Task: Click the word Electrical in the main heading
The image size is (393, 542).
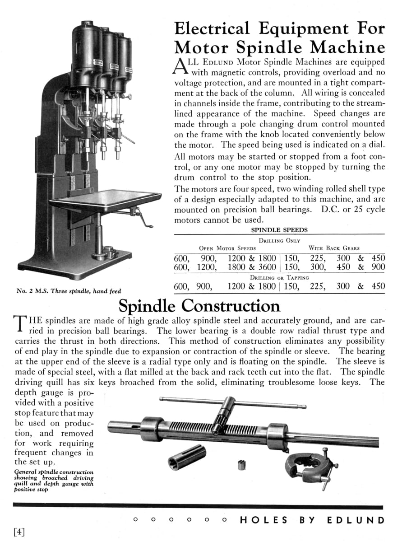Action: (x=211, y=28)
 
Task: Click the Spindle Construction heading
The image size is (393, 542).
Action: (x=199, y=306)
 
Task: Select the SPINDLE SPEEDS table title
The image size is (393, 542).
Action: (x=279, y=230)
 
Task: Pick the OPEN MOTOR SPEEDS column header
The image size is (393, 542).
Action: (x=227, y=248)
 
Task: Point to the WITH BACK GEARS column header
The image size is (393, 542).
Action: (x=334, y=248)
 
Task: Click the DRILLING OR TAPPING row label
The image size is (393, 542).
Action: (x=279, y=277)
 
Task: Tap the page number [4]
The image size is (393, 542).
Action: (x=19, y=532)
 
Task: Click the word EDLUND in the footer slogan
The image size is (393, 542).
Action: (x=356, y=520)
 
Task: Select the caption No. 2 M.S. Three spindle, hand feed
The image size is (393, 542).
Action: (x=69, y=291)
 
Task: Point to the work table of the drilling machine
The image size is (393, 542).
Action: (x=105, y=197)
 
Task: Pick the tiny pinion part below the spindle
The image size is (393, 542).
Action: (x=241, y=465)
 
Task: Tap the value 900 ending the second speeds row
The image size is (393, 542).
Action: (x=378, y=267)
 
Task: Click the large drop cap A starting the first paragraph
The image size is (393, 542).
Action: (x=180, y=66)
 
